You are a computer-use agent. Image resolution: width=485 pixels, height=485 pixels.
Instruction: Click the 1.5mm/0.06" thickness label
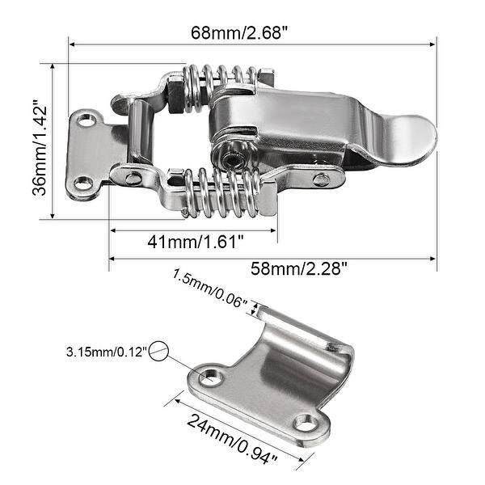point(209,289)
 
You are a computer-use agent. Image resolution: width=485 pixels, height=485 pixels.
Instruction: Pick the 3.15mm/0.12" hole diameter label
point(107,352)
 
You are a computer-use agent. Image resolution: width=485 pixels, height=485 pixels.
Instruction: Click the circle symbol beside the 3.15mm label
point(160,351)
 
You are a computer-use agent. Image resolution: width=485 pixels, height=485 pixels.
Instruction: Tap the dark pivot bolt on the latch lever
point(231,158)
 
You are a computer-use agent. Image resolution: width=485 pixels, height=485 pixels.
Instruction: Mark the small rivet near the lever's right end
point(322,179)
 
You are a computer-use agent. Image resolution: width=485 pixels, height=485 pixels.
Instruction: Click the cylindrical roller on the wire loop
point(142,133)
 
